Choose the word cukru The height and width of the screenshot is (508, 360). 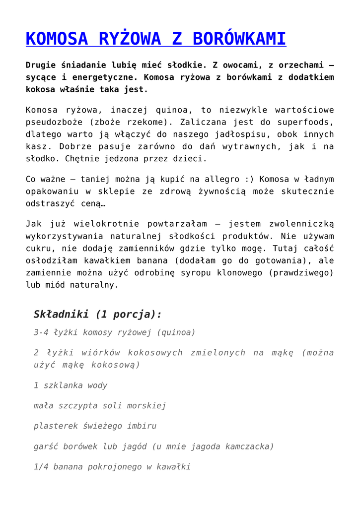pyautogui.click(x=38, y=249)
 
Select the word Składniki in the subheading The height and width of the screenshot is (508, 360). pyautogui.click(x=61, y=314)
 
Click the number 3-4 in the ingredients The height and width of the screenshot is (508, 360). pyautogui.click(x=42, y=332)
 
